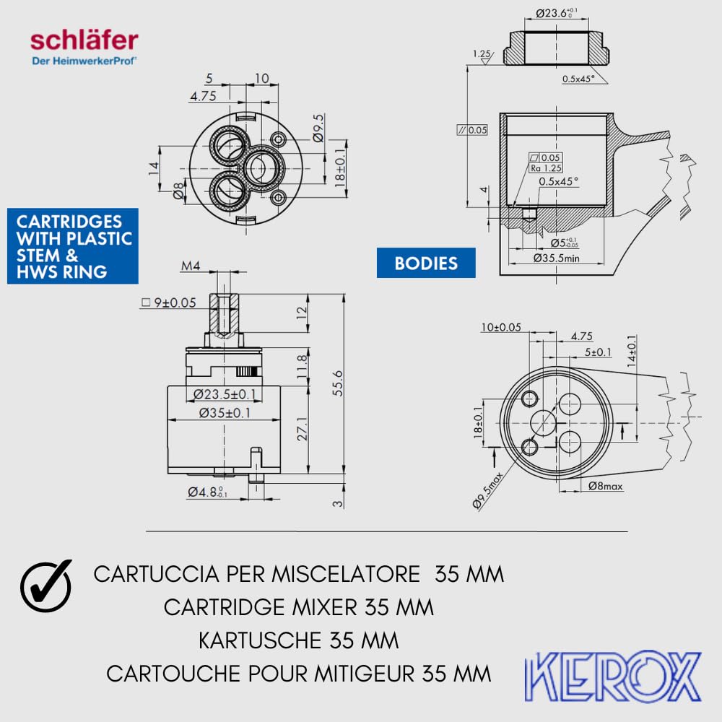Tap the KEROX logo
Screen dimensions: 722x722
pos(613,676)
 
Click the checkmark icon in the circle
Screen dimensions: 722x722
pos(46,586)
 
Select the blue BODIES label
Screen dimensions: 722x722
pos(426,263)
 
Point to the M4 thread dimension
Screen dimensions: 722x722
pos(191,266)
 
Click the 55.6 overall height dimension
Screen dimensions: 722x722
pos(337,383)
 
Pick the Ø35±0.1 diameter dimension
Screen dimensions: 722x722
pos(225,412)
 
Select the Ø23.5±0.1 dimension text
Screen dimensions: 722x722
pos(225,394)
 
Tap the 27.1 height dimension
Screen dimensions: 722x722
pos(302,429)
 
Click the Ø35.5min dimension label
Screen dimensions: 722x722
pos(556,258)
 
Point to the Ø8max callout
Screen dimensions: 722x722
pos(606,486)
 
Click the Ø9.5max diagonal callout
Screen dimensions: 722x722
pos(488,491)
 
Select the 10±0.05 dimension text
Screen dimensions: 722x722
pos(501,327)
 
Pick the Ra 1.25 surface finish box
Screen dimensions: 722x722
pos(546,168)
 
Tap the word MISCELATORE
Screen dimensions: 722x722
pos(346,574)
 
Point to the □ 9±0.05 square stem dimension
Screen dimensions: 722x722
pos(169,303)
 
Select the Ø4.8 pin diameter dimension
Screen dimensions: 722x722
pos(208,492)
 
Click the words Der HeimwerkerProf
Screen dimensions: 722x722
pos(84,61)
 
